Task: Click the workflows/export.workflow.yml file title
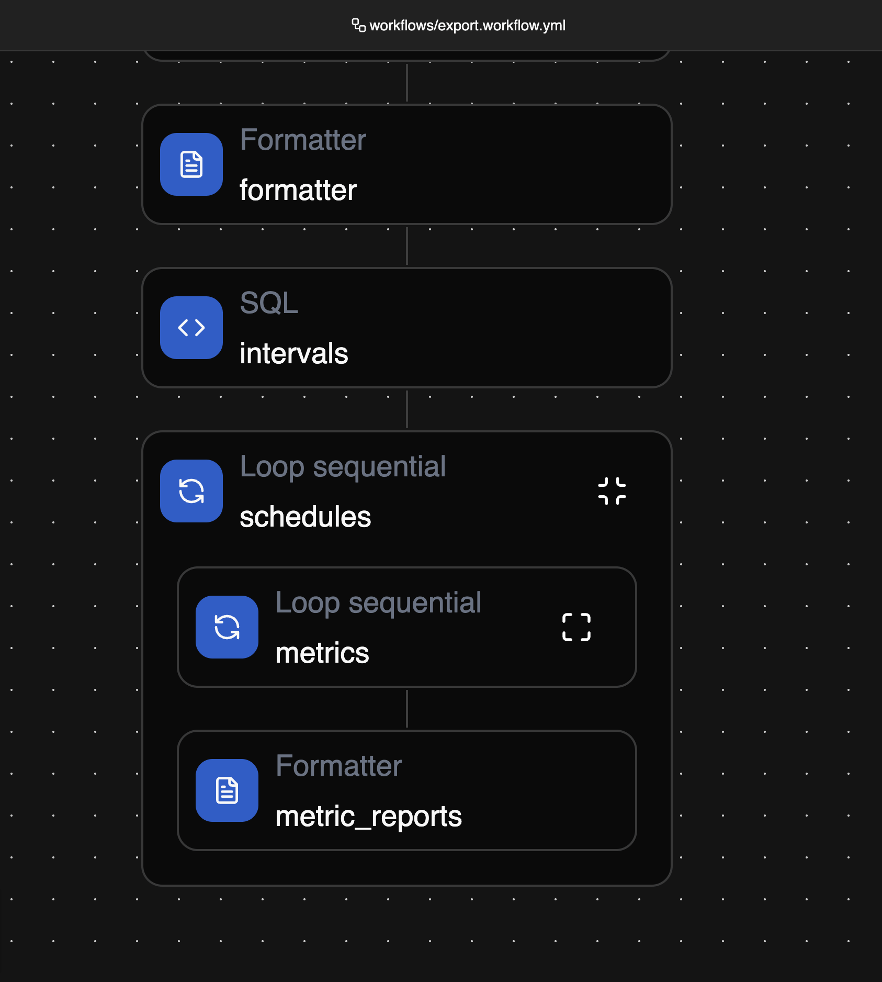pos(467,26)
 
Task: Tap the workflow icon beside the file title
pos(359,25)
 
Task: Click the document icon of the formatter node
pos(191,164)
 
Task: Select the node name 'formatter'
pos(298,189)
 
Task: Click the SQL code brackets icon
pos(191,328)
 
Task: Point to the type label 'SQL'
pos(269,303)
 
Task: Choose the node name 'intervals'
pos(294,353)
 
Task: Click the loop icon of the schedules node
pos(191,491)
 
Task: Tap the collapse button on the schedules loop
pos(612,491)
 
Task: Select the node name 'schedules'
pos(306,517)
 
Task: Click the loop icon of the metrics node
pos(227,627)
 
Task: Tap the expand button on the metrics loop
pos(576,627)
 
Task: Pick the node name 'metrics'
pos(322,653)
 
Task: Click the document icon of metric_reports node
pos(227,790)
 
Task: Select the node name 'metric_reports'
pos(369,817)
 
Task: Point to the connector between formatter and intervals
pos(407,246)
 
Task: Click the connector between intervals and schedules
pos(407,409)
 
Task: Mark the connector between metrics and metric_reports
pos(407,709)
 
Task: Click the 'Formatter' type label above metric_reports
pos(338,766)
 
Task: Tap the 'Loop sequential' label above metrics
pos(378,603)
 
